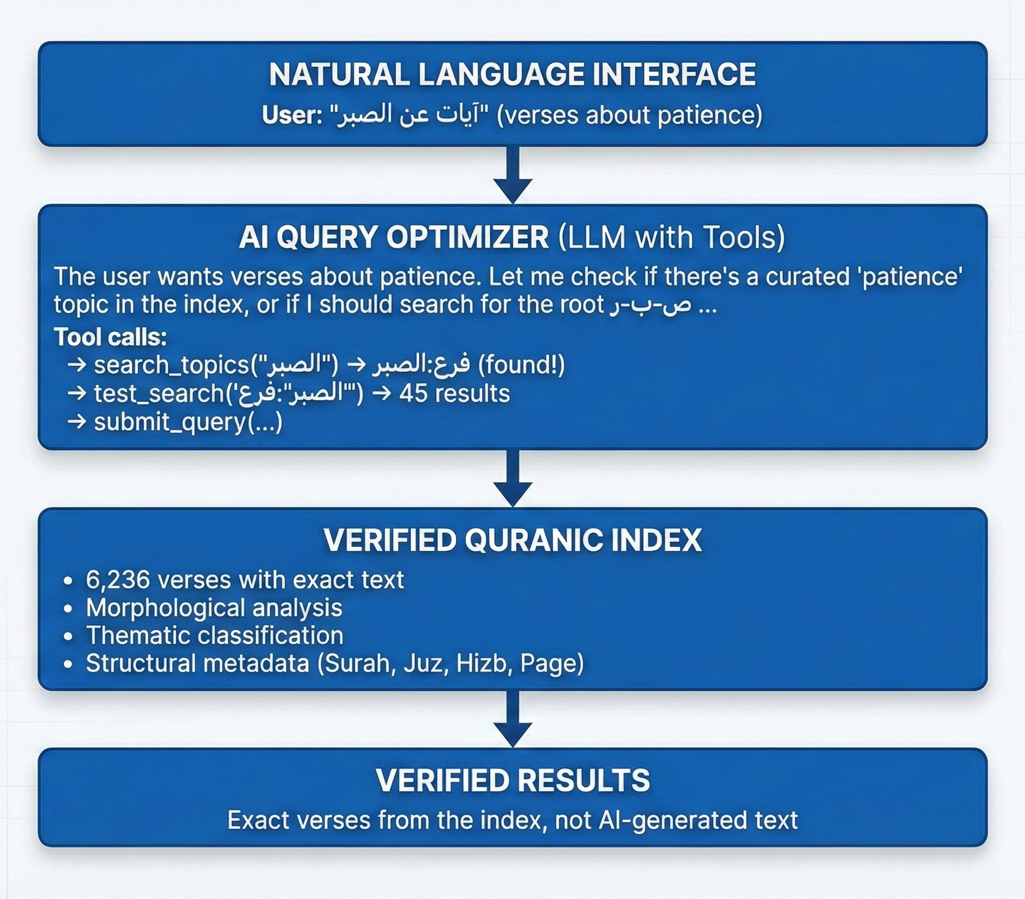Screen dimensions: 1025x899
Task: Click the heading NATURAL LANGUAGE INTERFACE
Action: (x=512, y=74)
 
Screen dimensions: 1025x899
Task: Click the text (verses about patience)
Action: (x=629, y=115)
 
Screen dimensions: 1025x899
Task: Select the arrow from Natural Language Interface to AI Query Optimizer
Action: (x=513, y=174)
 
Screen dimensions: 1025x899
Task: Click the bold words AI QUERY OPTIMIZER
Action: (x=394, y=237)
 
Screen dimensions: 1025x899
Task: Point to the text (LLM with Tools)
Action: (x=671, y=238)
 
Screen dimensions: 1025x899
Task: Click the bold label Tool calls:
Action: (x=111, y=337)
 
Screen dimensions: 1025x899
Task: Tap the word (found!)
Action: (x=522, y=365)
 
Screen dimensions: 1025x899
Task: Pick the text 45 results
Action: (x=454, y=393)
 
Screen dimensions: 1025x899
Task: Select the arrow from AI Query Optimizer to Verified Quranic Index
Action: (x=513, y=478)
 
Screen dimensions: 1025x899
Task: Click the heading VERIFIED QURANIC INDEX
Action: (x=513, y=540)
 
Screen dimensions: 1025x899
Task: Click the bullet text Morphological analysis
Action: (x=214, y=608)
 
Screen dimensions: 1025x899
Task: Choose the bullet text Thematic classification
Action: (x=214, y=636)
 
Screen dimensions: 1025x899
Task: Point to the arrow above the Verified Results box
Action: (x=513, y=719)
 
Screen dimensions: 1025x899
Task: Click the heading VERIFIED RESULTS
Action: (x=513, y=780)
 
